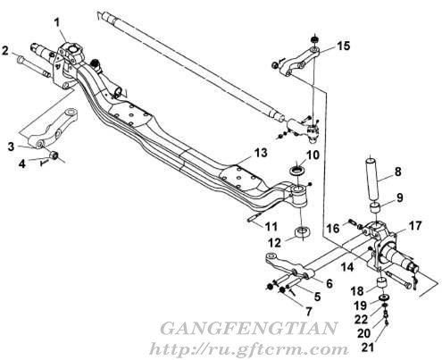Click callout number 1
click(57, 23)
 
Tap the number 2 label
click(5, 50)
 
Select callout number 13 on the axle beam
click(261, 153)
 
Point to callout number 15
click(343, 46)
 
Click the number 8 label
click(397, 172)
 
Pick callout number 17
click(415, 225)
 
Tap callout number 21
click(369, 347)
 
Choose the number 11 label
click(271, 227)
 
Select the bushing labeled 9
click(376, 208)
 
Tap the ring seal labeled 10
click(297, 172)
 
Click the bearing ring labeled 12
click(303, 233)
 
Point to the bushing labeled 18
click(381, 283)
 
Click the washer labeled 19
click(385, 297)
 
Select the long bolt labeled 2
click(34, 67)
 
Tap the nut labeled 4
click(54, 155)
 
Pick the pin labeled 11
click(255, 216)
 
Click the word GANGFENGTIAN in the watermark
click(248, 328)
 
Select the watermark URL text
click(248, 348)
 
